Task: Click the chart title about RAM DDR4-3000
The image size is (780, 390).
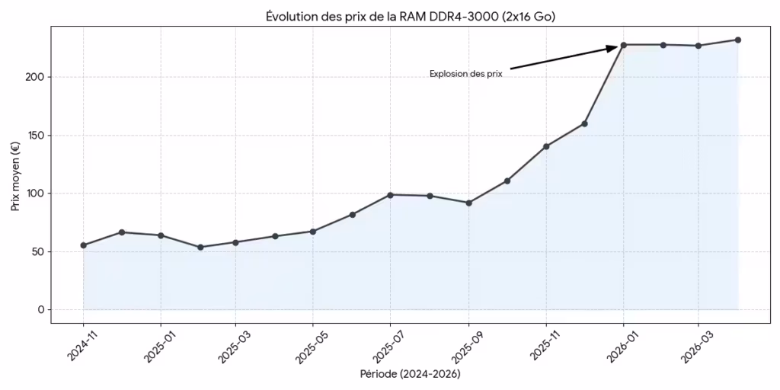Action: (404, 16)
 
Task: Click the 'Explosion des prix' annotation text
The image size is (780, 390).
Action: (465, 74)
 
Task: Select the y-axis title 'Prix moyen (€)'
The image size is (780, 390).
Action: (15, 175)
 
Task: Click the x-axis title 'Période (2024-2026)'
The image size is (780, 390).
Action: (410, 374)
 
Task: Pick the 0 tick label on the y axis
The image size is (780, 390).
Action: (40, 309)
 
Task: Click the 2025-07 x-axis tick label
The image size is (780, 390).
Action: (385, 346)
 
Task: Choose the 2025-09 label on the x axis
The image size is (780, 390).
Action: (462, 346)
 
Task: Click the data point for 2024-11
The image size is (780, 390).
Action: (84, 245)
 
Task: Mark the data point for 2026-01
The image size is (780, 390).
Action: (624, 45)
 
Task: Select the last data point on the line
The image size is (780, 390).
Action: (738, 40)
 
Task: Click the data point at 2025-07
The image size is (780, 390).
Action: (391, 195)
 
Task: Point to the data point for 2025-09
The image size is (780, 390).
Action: (468, 203)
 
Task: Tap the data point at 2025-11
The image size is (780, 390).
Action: (546, 146)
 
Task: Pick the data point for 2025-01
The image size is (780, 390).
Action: (161, 235)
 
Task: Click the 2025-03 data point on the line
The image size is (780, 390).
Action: (235, 242)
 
